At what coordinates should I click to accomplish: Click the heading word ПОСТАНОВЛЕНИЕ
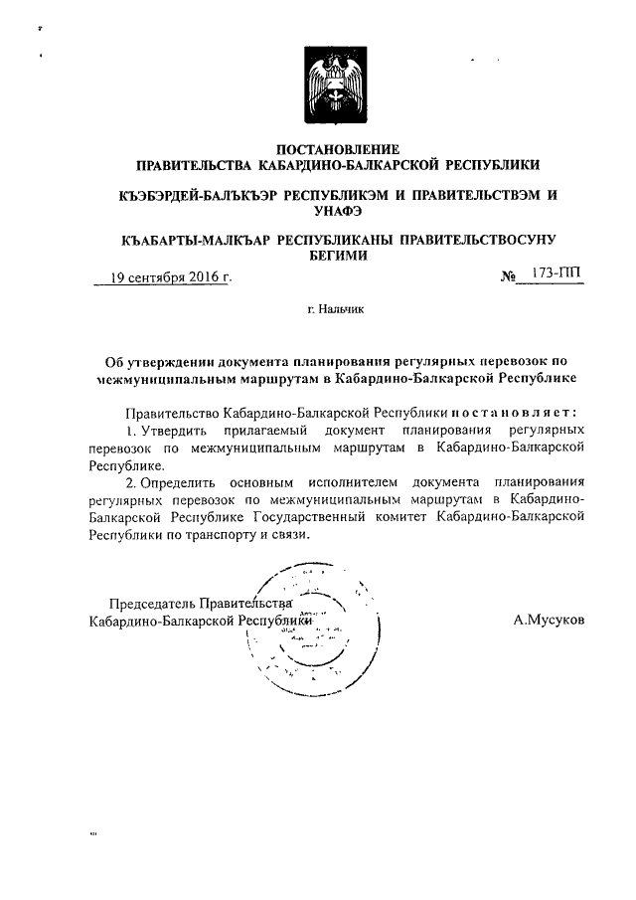click(337, 148)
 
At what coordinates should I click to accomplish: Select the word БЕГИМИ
click(337, 256)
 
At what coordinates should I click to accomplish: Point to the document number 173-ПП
click(556, 272)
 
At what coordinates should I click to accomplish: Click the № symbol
click(510, 275)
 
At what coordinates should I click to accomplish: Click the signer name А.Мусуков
click(549, 620)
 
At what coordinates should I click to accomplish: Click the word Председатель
click(151, 603)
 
